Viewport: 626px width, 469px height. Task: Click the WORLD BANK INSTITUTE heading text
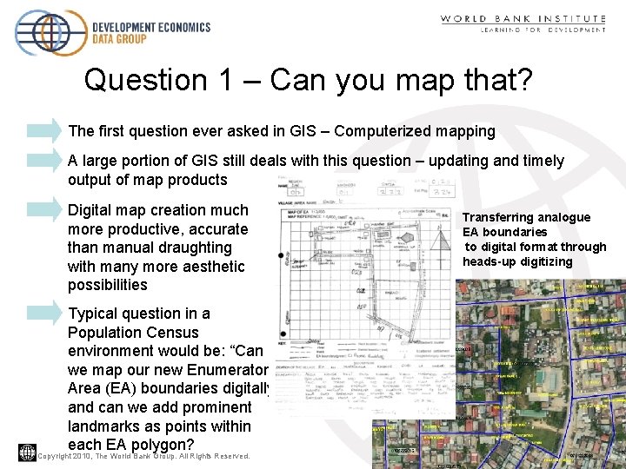coord(523,18)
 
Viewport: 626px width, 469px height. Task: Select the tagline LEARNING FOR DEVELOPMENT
coord(543,30)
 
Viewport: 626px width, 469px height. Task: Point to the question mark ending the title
coord(523,80)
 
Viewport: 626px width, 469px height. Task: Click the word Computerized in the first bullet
coord(377,132)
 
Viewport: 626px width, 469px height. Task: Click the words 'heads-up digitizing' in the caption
coord(517,261)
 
